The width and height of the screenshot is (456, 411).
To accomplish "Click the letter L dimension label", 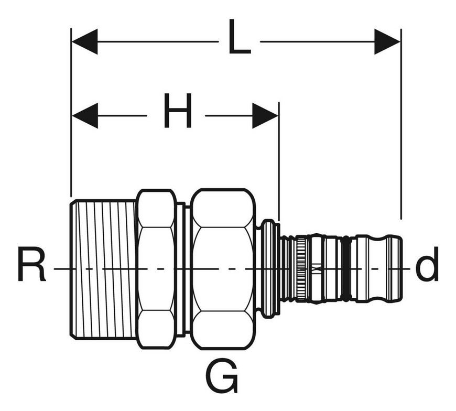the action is coord(240,37).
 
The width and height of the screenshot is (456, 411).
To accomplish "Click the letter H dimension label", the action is coord(178,111).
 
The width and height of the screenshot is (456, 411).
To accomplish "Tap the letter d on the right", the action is coord(427,264).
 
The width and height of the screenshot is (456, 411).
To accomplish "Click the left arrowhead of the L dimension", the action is coord(84,41).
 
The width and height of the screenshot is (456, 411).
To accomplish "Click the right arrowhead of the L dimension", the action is coord(387,41).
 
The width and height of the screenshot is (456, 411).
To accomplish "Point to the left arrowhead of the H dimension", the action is coord(85,115).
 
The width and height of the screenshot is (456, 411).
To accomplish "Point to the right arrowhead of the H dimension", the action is coord(265,115).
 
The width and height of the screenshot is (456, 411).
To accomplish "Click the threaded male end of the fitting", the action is coord(103,269).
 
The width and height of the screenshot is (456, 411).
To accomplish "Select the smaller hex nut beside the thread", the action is coord(157,269).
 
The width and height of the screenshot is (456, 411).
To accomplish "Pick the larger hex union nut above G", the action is coord(223,269).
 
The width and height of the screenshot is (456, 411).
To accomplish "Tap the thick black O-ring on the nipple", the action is coord(345,269).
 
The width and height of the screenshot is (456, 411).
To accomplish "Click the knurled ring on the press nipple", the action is coord(301,269).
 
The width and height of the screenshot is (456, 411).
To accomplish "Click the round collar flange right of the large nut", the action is coord(269,269).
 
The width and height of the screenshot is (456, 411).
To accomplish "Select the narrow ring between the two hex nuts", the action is coord(181,269).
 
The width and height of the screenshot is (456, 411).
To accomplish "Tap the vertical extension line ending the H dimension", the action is coord(279,161).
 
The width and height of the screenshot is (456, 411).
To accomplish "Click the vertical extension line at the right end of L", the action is coord(401,124).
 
